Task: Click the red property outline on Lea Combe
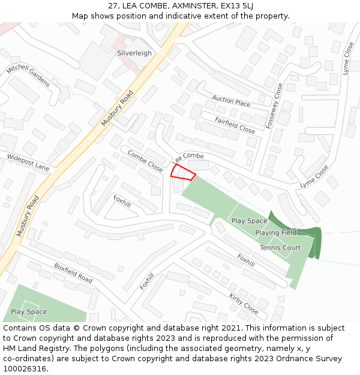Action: [x=183, y=172]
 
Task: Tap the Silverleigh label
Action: [x=134, y=53]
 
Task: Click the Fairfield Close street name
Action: [x=235, y=124]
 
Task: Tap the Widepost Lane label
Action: [x=28, y=161]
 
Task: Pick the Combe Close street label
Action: [x=145, y=161]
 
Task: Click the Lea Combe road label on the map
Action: [x=188, y=158]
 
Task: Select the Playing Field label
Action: [x=275, y=233]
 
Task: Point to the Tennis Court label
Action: [x=280, y=248]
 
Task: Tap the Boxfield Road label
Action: [x=73, y=273]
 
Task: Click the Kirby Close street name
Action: [x=244, y=304]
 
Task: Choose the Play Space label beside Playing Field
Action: [x=249, y=221]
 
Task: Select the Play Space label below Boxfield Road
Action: [x=29, y=312]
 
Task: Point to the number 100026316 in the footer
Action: [x=25, y=369]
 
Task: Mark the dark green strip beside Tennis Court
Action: [x=313, y=240]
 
